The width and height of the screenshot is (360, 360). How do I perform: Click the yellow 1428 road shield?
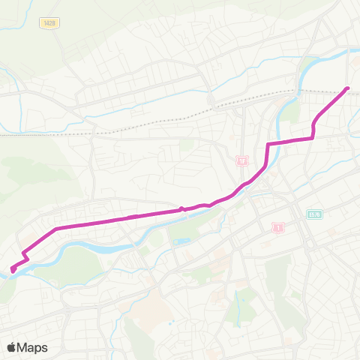pyautogui.click(x=49, y=23)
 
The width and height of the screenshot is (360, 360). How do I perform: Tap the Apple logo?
pyautogui.click(x=12, y=347)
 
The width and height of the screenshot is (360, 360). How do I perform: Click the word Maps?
pyautogui.click(x=33, y=347)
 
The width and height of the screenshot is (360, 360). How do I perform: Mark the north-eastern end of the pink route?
pyautogui.click(x=347, y=89)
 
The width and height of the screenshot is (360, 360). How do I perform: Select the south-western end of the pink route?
pyautogui.click(x=13, y=269)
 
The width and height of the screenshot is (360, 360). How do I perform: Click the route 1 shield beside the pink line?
pyautogui.click(x=241, y=161)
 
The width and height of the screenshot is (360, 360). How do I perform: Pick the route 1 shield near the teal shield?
pyautogui.click(x=278, y=226)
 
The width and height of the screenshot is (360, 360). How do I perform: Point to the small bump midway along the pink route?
pyautogui.click(x=181, y=209)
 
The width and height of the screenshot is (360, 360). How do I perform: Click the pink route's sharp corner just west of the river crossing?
pyautogui.click(x=268, y=143)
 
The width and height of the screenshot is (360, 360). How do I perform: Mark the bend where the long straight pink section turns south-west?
pyautogui.click(x=57, y=227)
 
